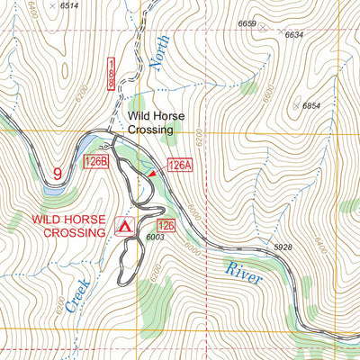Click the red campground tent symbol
coord(124,222)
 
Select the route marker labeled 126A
coord(180,165)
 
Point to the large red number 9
coord(57,173)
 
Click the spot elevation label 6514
coord(69,6)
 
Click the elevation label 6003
coord(155,236)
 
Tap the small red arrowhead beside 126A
coord(153,171)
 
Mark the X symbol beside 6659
coord(262,28)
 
